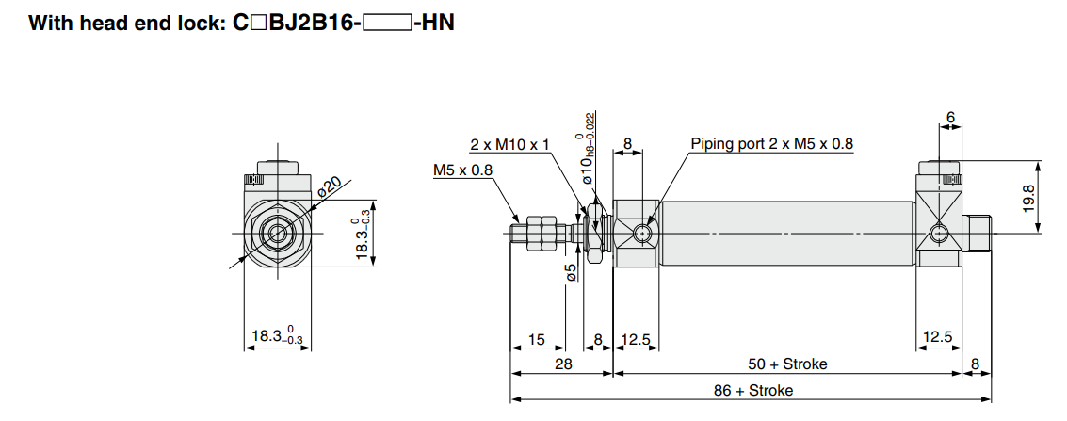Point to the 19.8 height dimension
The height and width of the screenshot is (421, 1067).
click(1028, 199)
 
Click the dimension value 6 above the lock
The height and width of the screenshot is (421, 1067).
click(950, 118)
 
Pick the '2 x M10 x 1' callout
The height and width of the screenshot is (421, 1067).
click(509, 144)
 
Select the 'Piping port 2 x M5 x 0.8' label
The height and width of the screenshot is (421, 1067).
click(771, 144)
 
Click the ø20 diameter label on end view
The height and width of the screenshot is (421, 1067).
click(330, 185)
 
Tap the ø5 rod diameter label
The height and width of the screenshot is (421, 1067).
click(571, 273)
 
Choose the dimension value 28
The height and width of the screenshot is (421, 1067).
click(561, 364)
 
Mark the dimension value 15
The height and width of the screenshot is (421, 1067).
click(536, 339)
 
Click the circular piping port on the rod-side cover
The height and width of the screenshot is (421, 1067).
click(642, 233)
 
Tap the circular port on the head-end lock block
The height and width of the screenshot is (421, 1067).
click(938, 234)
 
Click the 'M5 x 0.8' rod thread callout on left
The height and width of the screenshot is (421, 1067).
click(462, 170)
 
